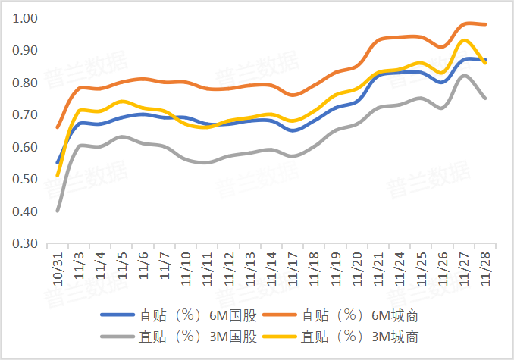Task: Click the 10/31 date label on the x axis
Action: (58, 266)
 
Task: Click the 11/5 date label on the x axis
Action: (122, 265)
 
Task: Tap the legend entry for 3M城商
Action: (359, 336)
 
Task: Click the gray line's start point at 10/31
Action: (58, 211)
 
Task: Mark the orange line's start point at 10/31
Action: (58, 127)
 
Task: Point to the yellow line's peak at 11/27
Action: (464, 40)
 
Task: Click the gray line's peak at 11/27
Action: (464, 75)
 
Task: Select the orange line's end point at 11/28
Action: (485, 24)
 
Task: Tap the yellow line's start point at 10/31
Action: (58, 175)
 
